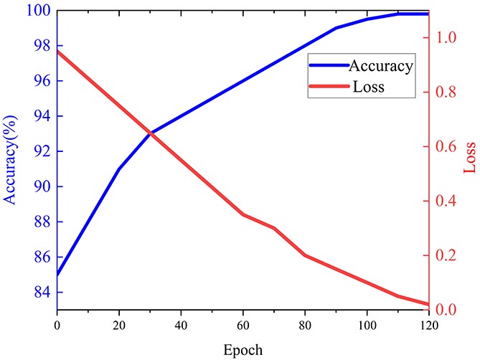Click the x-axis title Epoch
point(243,351)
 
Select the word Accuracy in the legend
point(380,67)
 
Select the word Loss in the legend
point(369,87)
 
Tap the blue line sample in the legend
point(327,65)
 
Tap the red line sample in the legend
point(327,87)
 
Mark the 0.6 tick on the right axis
point(443,147)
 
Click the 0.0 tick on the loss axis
point(443,311)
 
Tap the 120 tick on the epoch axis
point(428,325)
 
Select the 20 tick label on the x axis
point(119,325)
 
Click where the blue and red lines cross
point(151,133)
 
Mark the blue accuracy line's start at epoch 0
point(57,275)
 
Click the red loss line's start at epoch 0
point(57,51)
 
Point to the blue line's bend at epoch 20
point(119,169)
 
